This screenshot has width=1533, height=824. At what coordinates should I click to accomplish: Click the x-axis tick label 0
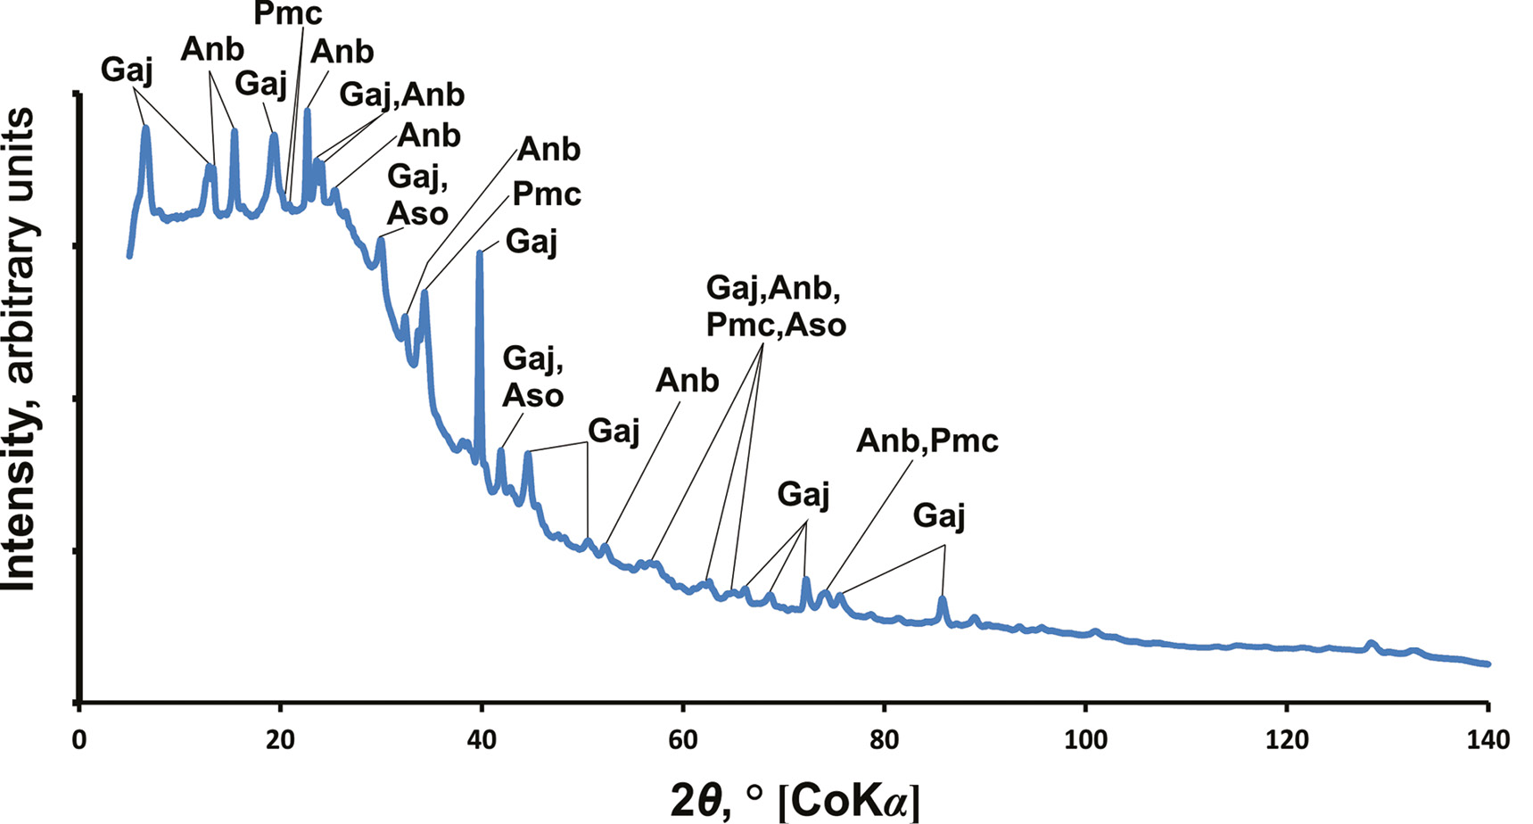click(79, 739)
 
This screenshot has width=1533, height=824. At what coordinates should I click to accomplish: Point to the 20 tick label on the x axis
click(280, 739)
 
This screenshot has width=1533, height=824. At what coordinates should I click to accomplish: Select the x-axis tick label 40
click(482, 739)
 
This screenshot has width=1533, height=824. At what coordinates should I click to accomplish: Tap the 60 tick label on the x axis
click(682, 739)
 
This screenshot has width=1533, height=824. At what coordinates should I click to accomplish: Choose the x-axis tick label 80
click(884, 739)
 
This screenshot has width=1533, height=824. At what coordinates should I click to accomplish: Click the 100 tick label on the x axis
click(1085, 739)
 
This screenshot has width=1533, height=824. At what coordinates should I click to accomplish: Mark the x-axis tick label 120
click(1286, 739)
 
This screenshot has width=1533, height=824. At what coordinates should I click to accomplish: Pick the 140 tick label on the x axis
click(1488, 739)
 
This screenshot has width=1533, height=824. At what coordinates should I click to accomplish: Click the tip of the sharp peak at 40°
click(480, 252)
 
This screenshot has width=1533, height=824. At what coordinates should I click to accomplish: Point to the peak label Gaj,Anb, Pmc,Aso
click(775, 306)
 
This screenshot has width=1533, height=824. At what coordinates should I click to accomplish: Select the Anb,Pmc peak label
click(927, 441)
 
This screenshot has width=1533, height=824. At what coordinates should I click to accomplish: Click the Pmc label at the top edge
click(287, 12)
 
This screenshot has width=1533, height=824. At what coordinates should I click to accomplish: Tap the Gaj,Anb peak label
click(401, 94)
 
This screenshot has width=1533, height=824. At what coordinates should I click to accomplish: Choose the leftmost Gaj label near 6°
click(127, 70)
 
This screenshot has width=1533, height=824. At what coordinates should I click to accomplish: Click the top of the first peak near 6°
click(145, 128)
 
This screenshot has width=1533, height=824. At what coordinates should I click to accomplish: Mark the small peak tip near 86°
click(942, 598)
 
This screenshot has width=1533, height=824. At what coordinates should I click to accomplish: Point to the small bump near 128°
click(1371, 642)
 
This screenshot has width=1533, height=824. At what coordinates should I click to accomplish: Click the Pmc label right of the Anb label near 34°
click(546, 194)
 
